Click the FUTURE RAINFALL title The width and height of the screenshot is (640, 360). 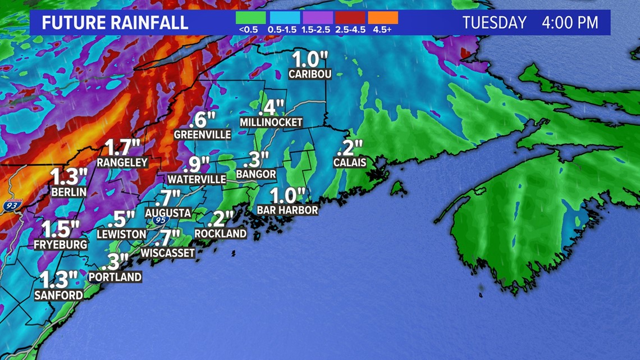click(x=115, y=23)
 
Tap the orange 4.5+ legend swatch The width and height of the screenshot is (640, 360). click(x=382, y=18)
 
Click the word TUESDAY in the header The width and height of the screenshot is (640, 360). click(x=495, y=23)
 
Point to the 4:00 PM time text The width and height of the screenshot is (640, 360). click(x=570, y=23)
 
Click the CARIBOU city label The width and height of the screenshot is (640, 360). click(x=310, y=74)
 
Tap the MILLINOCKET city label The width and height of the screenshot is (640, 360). click(x=271, y=122)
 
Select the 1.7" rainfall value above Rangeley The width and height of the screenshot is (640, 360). click(x=122, y=148)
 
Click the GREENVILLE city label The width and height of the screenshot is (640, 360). click(x=203, y=135)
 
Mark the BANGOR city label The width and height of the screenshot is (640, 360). click(x=256, y=174)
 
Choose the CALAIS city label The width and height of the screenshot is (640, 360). click(x=350, y=163)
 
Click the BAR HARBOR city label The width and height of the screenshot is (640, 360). click(x=287, y=210)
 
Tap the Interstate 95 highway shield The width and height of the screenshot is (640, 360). click(x=161, y=221)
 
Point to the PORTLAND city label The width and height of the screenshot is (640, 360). click(x=115, y=277)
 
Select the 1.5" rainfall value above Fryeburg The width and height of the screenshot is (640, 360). click(x=61, y=230)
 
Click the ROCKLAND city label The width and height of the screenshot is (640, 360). click(x=221, y=233)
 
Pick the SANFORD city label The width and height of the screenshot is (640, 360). click(x=59, y=295)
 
